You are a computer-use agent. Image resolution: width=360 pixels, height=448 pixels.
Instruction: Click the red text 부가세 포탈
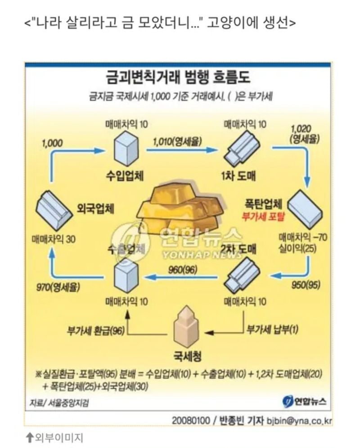point(264,216)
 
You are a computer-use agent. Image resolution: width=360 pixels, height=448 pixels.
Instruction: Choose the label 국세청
point(188,357)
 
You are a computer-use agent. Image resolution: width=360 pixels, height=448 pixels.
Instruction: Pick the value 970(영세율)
point(58,286)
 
